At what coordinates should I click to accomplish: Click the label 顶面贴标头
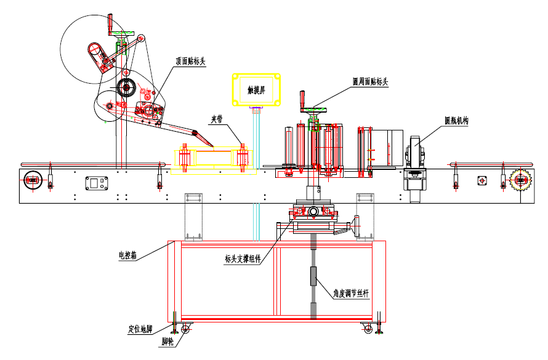coord(190,61)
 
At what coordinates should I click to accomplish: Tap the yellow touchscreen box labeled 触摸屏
coord(256,89)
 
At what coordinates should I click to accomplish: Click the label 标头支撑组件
coord(243,258)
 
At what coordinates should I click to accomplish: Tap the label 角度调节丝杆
coord(351,294)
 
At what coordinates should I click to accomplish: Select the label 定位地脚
coord(139,329)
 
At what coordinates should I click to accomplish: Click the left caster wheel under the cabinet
coord(185,330)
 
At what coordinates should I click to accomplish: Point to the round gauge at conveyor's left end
coord(31,181)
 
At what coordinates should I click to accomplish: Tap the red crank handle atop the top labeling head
coord(111,25)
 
